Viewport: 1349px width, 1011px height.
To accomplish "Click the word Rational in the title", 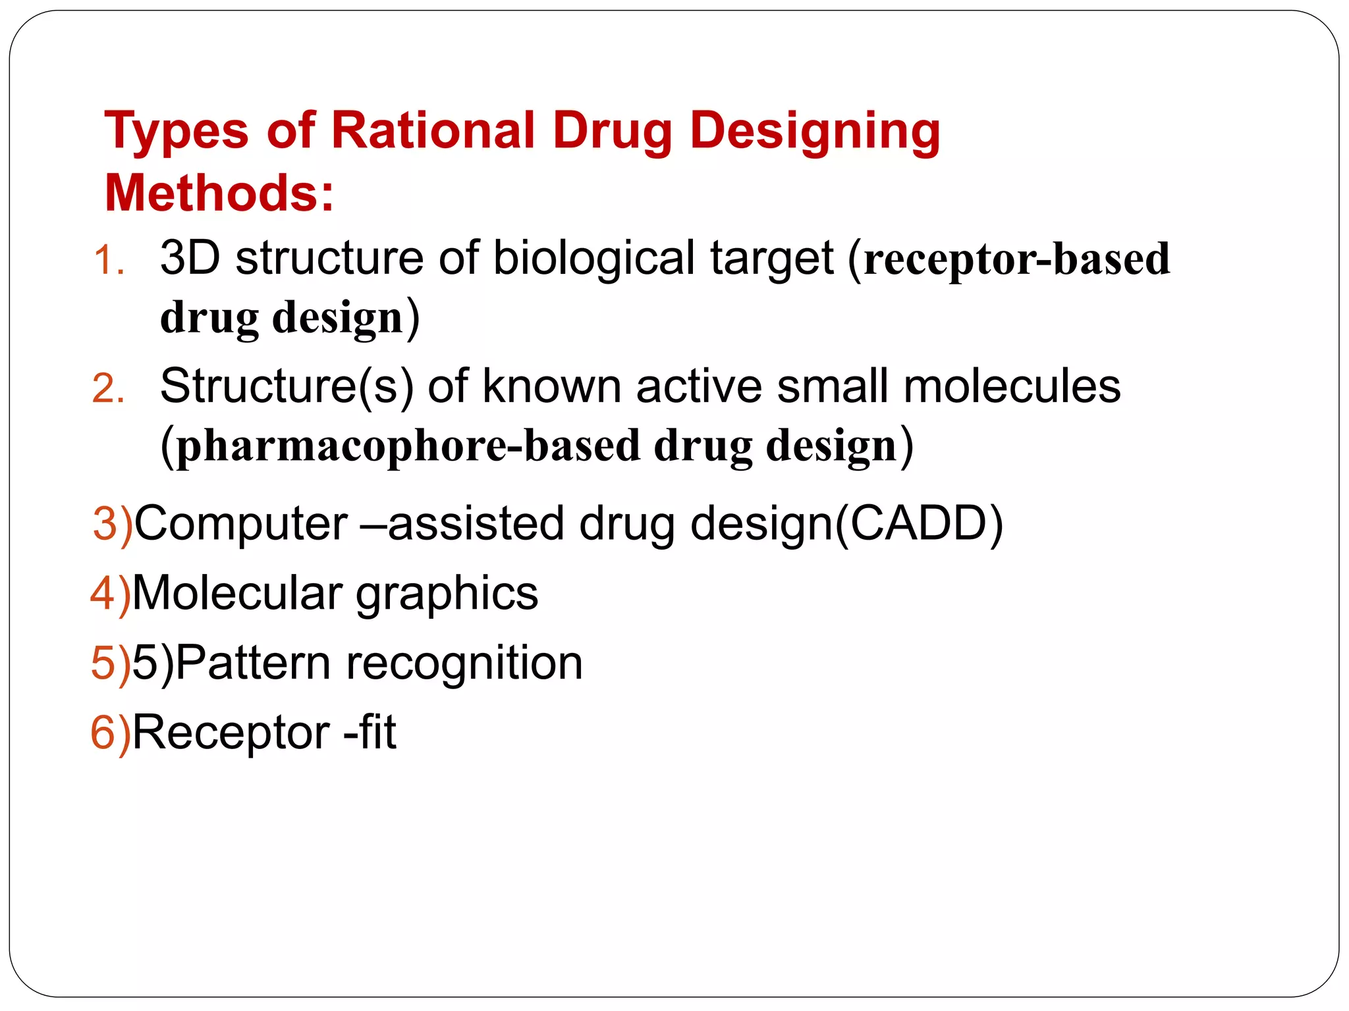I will pyautogui.click(x=433, y=130).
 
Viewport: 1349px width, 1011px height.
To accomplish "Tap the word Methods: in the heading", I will pyautogui.click(x=219, y=194).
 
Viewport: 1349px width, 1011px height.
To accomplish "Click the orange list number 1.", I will pyautogui.click(x=109, y=261).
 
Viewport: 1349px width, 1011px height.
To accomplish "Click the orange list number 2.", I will pyautogui.click(x=109, y=388).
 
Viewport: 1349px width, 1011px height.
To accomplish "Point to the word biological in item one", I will pyautogui.click(x=593, y=258).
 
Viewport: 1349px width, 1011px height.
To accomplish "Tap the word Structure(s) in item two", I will pyautogui.click(x=287, y=386).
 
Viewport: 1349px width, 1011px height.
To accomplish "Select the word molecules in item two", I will pyautogui.click(x=1012, y=386).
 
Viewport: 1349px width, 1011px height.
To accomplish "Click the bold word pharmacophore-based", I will pyautogui.click(x=408, y=446).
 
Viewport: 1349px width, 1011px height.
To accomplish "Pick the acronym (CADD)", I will pyautogui.click(x=919, y=524).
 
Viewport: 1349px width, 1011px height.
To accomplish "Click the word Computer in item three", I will pyautogui.click(x=241, y=524).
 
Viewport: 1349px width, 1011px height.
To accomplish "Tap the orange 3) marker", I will pyautogui.click(x=113, y=525).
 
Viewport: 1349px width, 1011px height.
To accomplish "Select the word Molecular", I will pyautogui.click(x=237, y=593).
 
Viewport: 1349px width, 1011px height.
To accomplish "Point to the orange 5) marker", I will pyautogui.click(x=111, y=663).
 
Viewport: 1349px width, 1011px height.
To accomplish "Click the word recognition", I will pyautogui.click(x=464, y=663).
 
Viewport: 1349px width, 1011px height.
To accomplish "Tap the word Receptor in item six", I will pyautogui.click(x=231, y=733).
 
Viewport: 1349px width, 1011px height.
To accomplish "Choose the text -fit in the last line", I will pyautogui.click(x=370, y=732).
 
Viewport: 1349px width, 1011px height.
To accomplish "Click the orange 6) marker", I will pyautogui.click(x=111, y=733).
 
